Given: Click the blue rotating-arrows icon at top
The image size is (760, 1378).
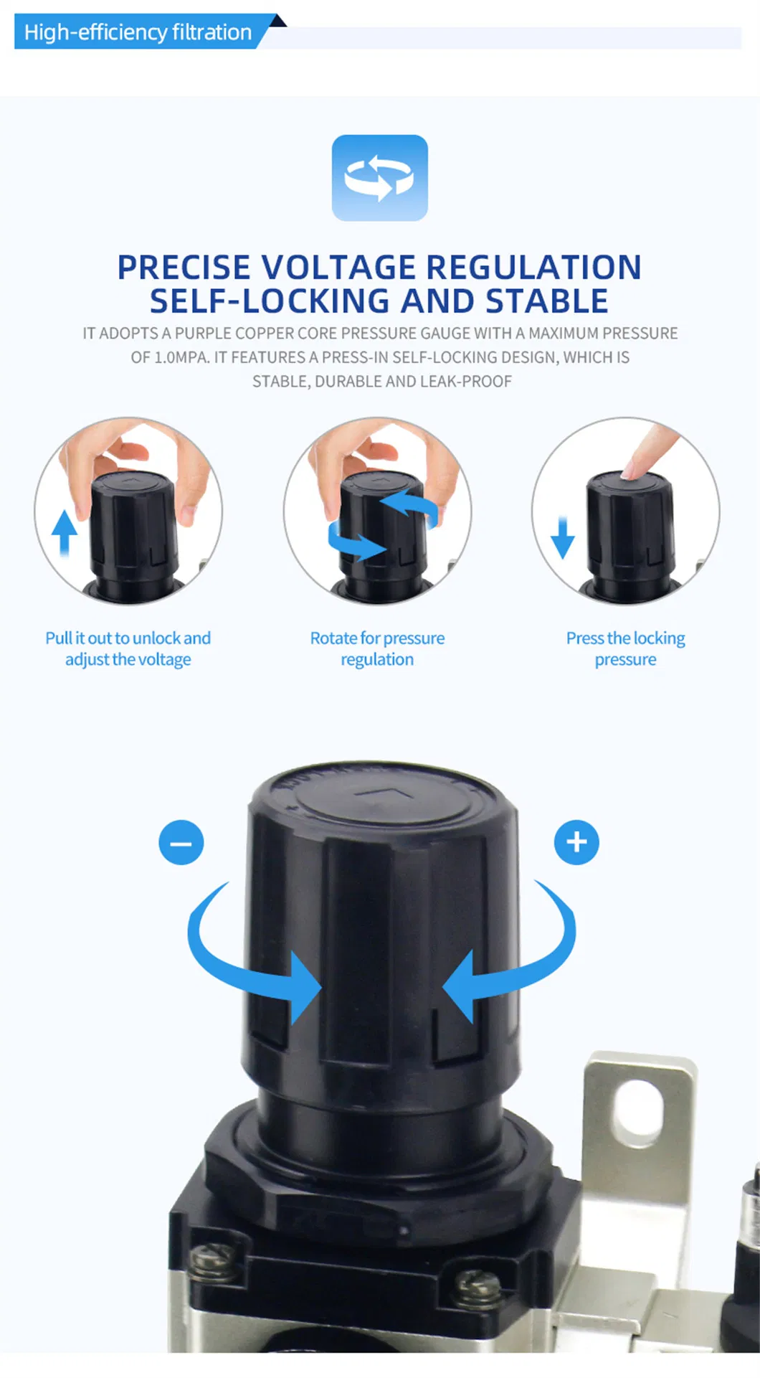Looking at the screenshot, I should (x=379, y=177).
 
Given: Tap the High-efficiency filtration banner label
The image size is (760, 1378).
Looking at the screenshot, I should (x=138, y=32).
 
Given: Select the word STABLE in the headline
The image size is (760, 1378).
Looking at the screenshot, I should (x=547, y=301).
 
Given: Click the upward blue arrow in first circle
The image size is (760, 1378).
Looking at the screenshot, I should (x=65, y=532).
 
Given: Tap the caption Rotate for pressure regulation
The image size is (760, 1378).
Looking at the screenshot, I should (x=377, y=648).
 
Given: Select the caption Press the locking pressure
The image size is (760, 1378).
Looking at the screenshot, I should (x=625, y=648).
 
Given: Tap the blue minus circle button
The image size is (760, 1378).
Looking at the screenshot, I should (x=181, y=842).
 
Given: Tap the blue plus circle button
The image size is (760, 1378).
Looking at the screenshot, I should (x=576, y=842).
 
